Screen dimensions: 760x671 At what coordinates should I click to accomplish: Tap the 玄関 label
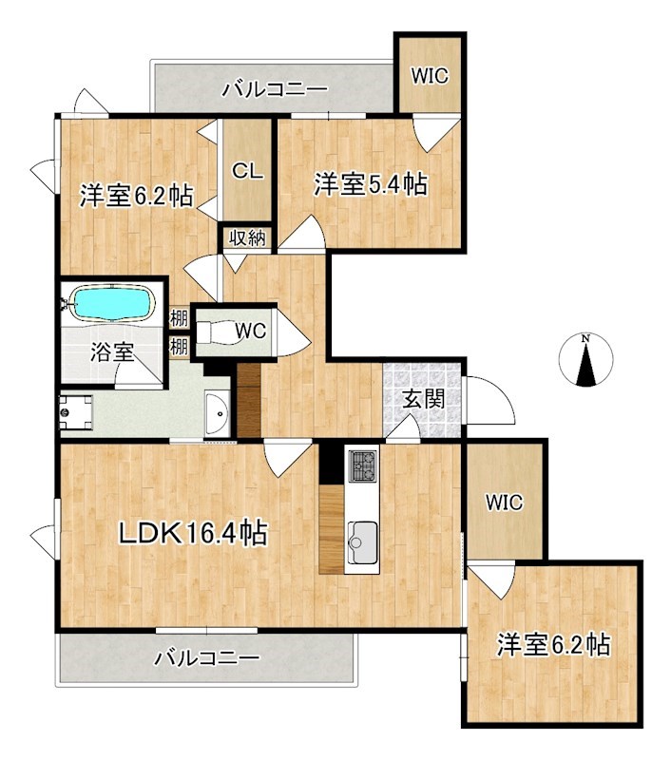[x=423, y=400]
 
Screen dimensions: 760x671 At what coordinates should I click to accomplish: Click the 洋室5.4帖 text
[x=371, y=184]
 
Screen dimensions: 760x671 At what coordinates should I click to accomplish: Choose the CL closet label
[x=248, y=172]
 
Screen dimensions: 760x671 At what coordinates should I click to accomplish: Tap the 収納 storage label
[x=248, y=237]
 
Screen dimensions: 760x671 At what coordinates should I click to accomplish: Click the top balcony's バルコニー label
[x=275, y=90]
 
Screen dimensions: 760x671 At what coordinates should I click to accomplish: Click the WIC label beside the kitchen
[x=504, y=503]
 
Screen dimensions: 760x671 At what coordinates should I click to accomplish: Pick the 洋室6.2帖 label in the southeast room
[x=552, y=646]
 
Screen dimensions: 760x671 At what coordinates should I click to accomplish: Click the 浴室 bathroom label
[x=112, y=352]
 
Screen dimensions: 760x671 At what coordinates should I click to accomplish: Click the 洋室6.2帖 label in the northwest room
[x=137, y=197]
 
